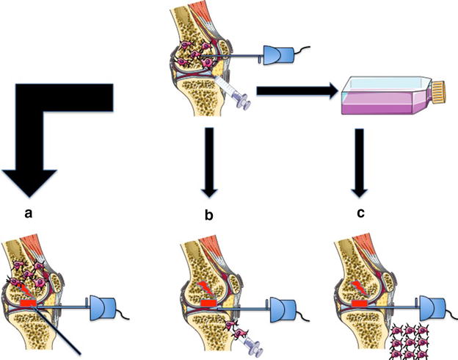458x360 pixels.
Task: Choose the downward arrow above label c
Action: [x=360, y=162]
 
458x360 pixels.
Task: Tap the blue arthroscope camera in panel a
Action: [x=102, y=304]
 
